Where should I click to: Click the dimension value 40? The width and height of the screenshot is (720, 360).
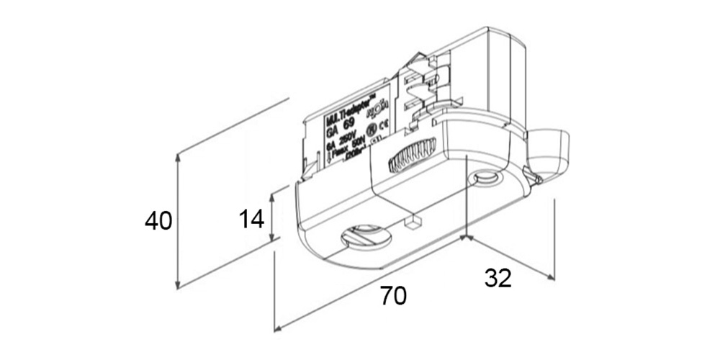point(158,220)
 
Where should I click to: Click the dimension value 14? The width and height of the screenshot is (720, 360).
point(251,218)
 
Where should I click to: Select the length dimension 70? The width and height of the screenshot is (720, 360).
point(394,296)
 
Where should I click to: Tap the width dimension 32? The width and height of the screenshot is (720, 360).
point(498,278)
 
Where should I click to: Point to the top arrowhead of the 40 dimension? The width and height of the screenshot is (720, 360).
point(178,156)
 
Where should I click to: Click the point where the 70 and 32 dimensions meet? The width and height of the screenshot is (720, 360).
point(467,238)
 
